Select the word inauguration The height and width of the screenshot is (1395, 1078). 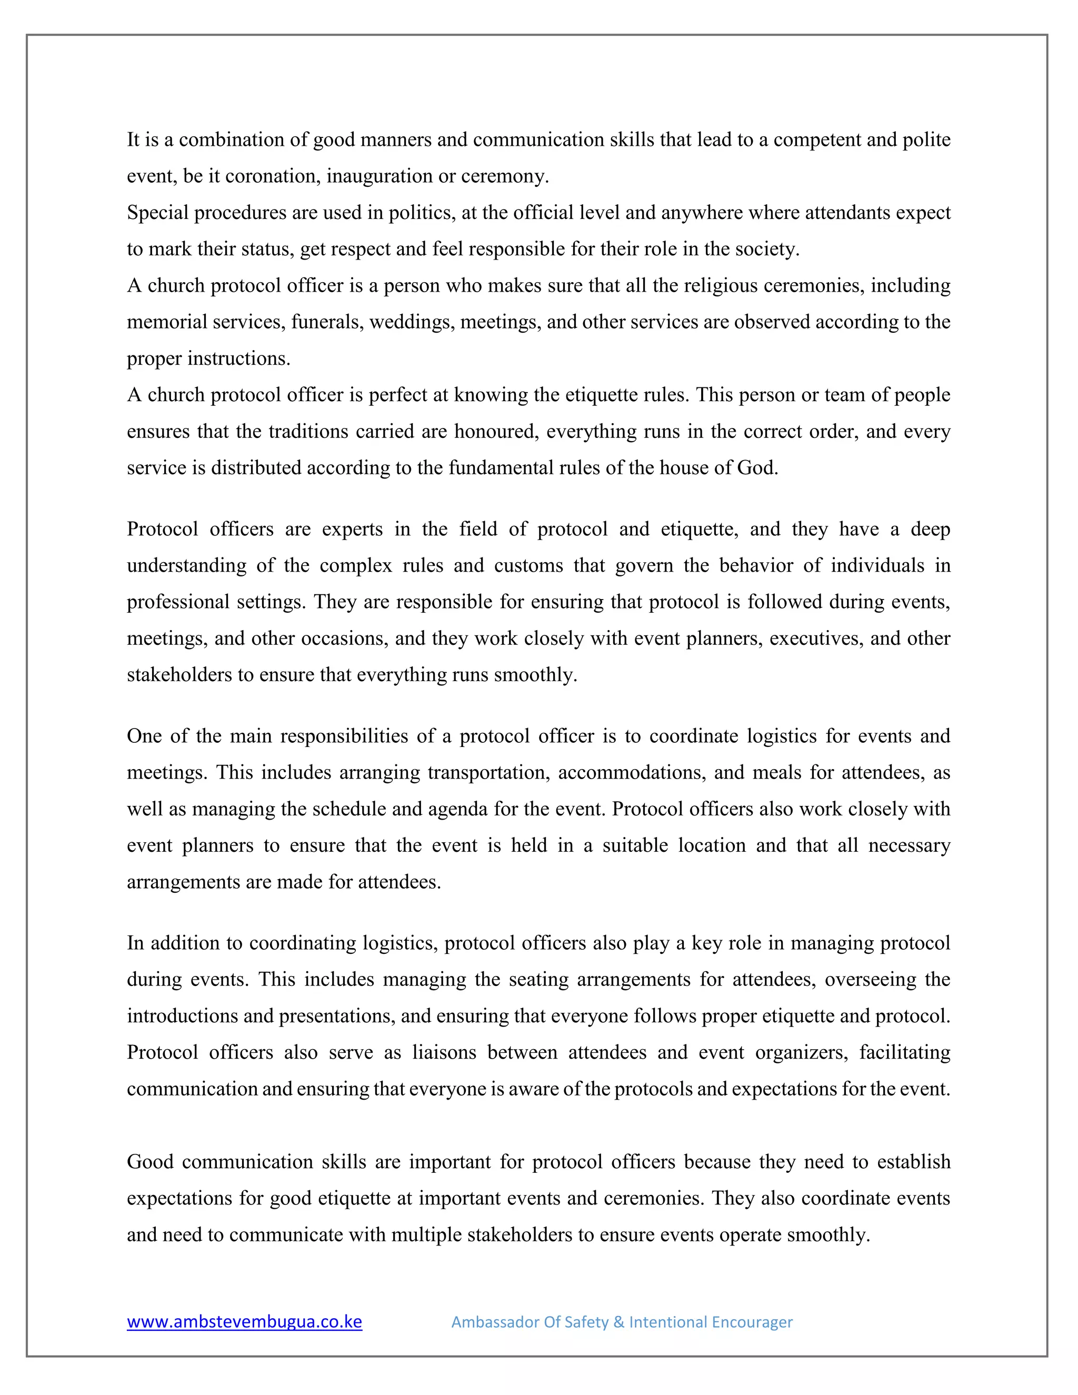380,176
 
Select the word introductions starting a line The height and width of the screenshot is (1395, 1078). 182,1015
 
